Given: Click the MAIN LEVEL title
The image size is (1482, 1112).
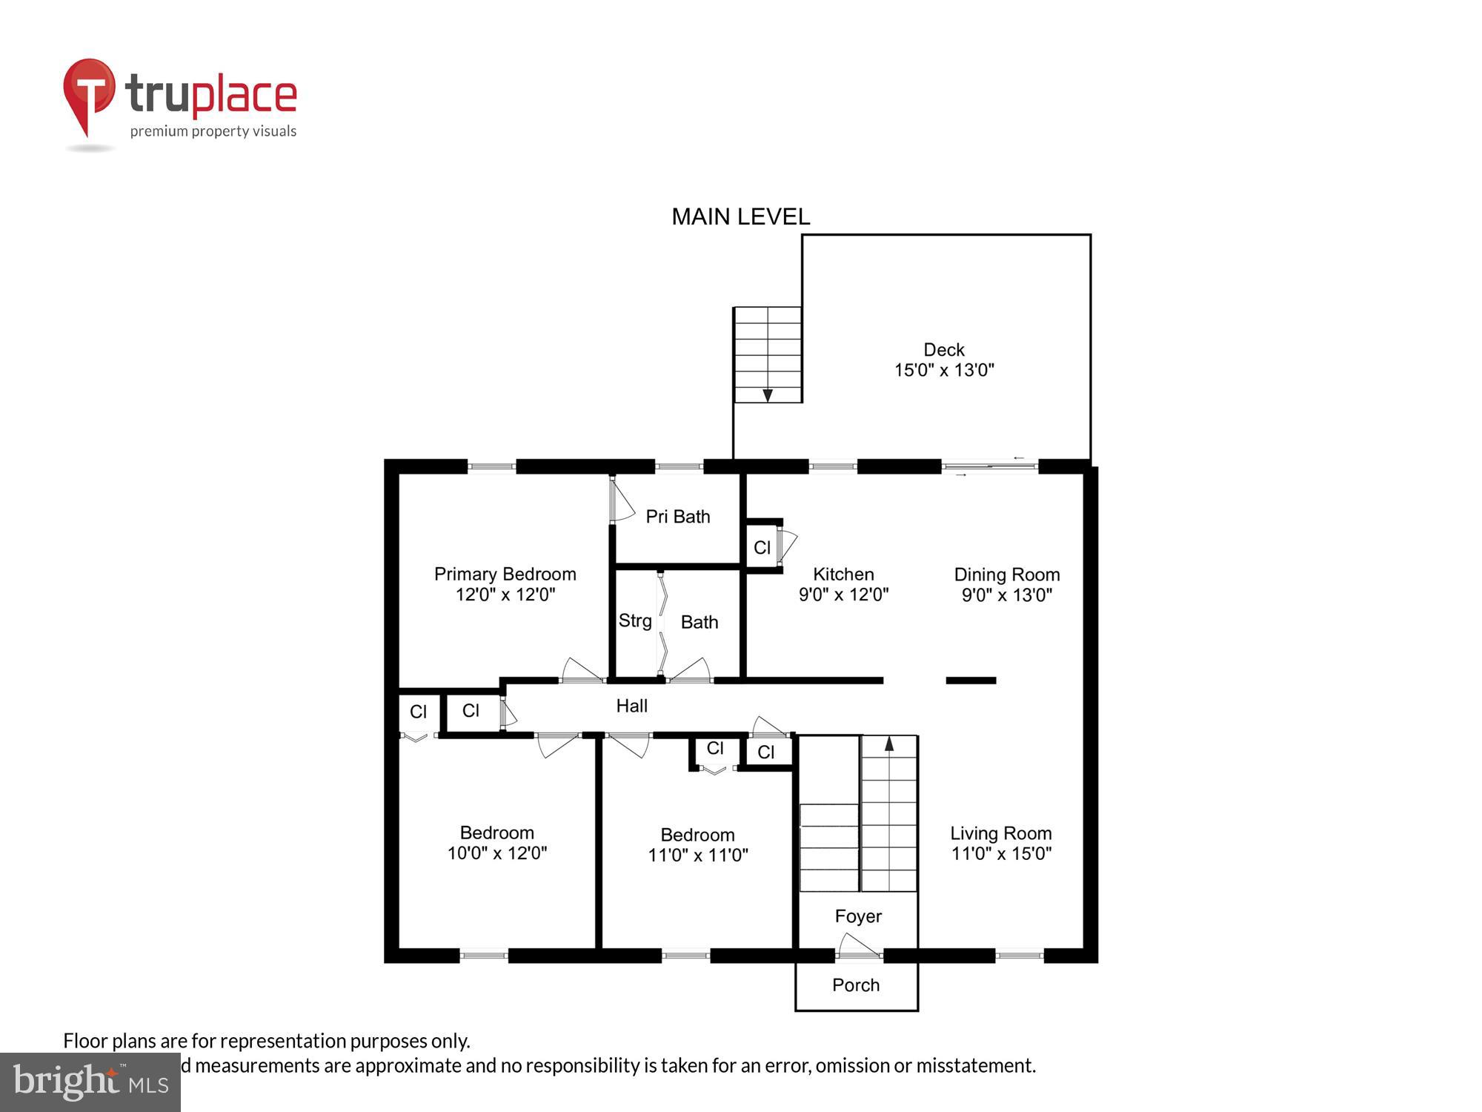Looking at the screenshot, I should click(x=740, y=216).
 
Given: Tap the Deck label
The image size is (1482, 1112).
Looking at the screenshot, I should click(x=944, y=349).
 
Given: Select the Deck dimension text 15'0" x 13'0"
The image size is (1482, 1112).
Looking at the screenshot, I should click(x=944, y=370).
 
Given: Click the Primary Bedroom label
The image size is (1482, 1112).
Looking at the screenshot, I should click(x=505, y=574).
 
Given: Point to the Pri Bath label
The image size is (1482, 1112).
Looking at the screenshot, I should click(x=677, y=517).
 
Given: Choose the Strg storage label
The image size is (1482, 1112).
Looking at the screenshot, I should click(x=635, y=620).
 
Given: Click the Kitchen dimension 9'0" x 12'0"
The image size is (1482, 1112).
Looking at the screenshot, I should click(x=843, y=595).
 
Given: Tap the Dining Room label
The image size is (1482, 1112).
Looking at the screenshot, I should click(x=1006, y=575).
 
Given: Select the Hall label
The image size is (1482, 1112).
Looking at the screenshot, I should click(x=631, y=706).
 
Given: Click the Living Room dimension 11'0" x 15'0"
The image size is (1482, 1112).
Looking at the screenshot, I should click(x=1001, y=853).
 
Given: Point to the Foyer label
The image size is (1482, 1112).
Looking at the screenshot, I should click(x=858, y=916).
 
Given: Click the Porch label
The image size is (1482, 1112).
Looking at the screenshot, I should click(x=856, y=985).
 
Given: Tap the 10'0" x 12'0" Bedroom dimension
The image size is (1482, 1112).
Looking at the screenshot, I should click(x=496, y=853).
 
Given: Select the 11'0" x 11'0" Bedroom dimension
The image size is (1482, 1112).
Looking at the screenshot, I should click(x=697, y=855).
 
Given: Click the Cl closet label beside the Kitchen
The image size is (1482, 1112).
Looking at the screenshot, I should click(x=762, y=548).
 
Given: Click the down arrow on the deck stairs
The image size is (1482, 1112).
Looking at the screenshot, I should click(x=768, y=395).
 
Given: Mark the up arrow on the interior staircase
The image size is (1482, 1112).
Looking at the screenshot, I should click(x=889, y=744).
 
